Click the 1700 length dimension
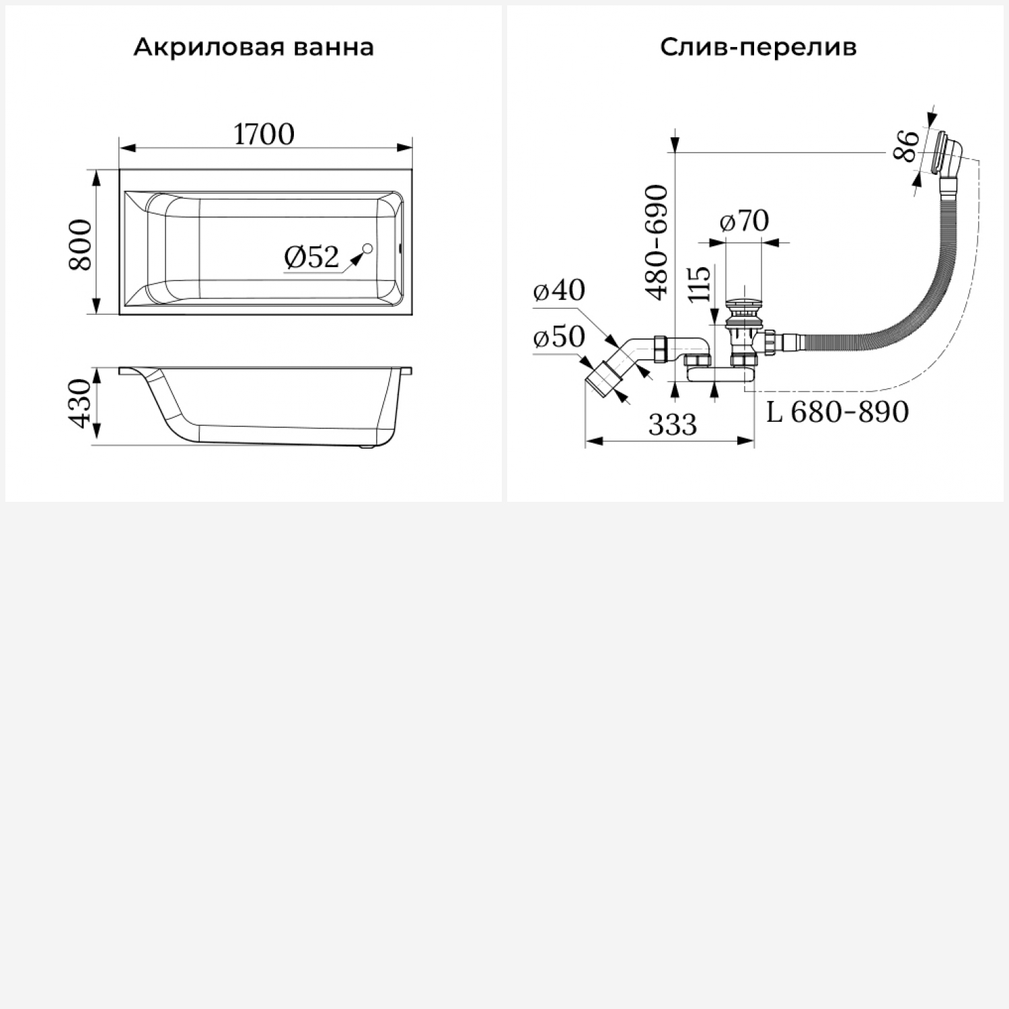264,135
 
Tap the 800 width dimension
81,244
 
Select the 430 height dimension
81,404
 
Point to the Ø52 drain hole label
311,256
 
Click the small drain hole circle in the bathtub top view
367,250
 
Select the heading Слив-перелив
758,48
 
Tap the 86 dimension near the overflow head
907,146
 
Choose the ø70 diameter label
744,221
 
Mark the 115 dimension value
700,284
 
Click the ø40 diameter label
559,291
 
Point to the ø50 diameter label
559,337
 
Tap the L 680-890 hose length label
837,412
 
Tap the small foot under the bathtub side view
366,446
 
